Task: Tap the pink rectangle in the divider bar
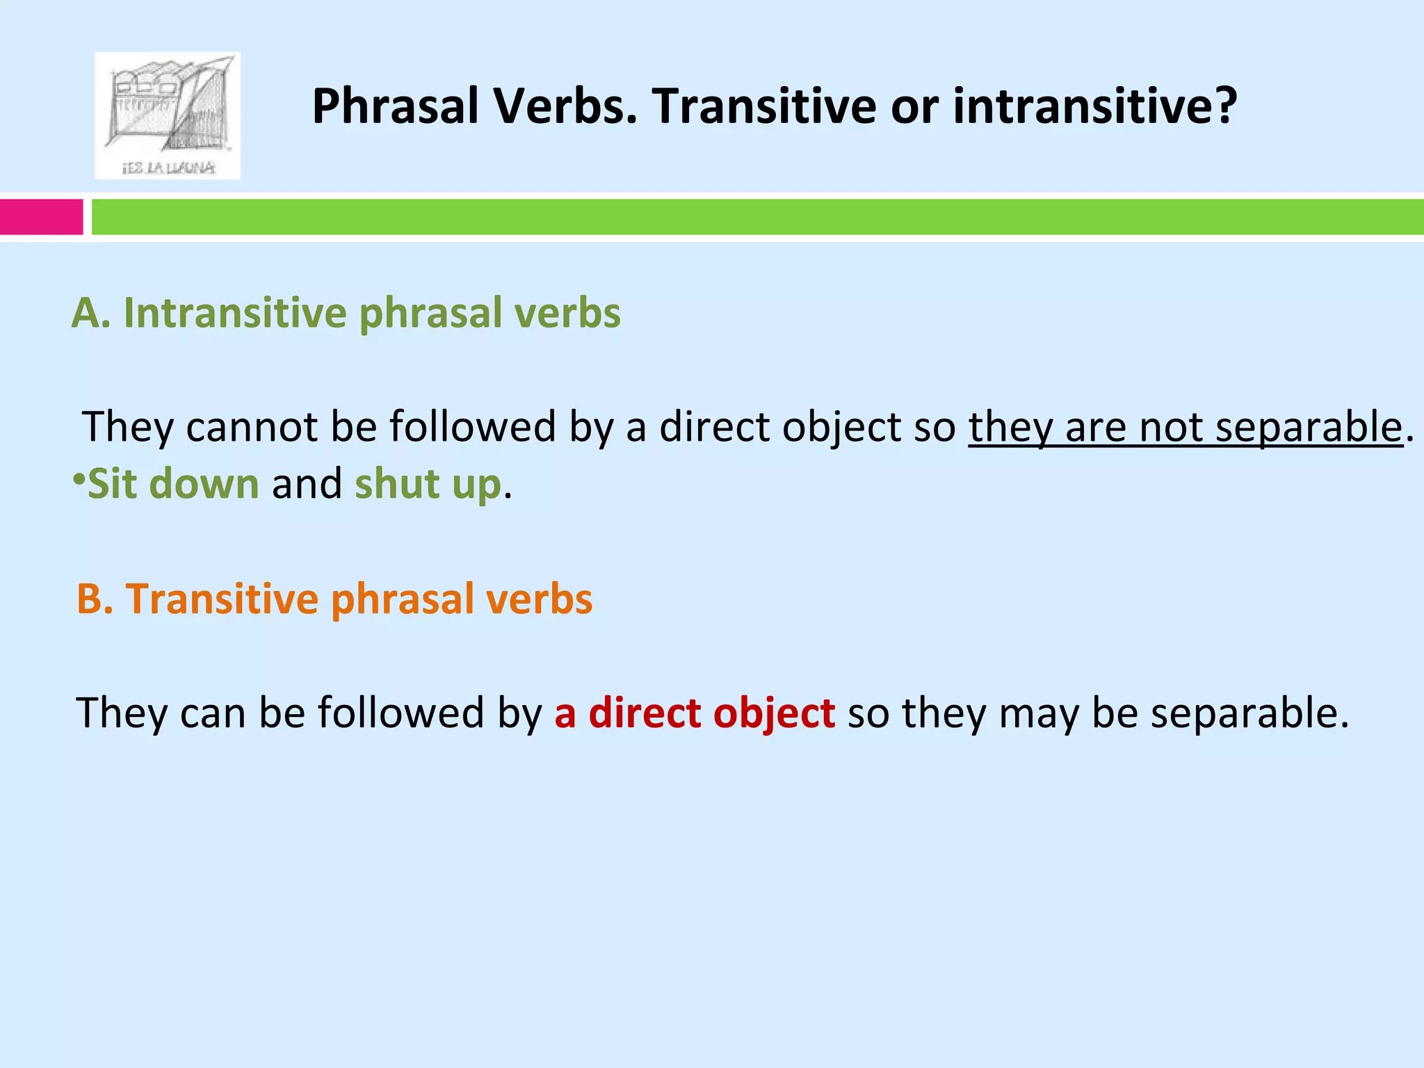click(x=41, y=217)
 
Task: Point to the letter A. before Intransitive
click(x=91, y=314)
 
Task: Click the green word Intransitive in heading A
click(x=234, y=314)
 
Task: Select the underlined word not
click(x=1171, y=426)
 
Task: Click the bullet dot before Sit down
click(x=79, y=478)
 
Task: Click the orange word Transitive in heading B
click(x=222, y=599)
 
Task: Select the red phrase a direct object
click(x=695, y=713)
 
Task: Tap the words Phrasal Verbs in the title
click(x=474, y=106)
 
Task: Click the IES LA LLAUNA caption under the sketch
click(x=168, y=168)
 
